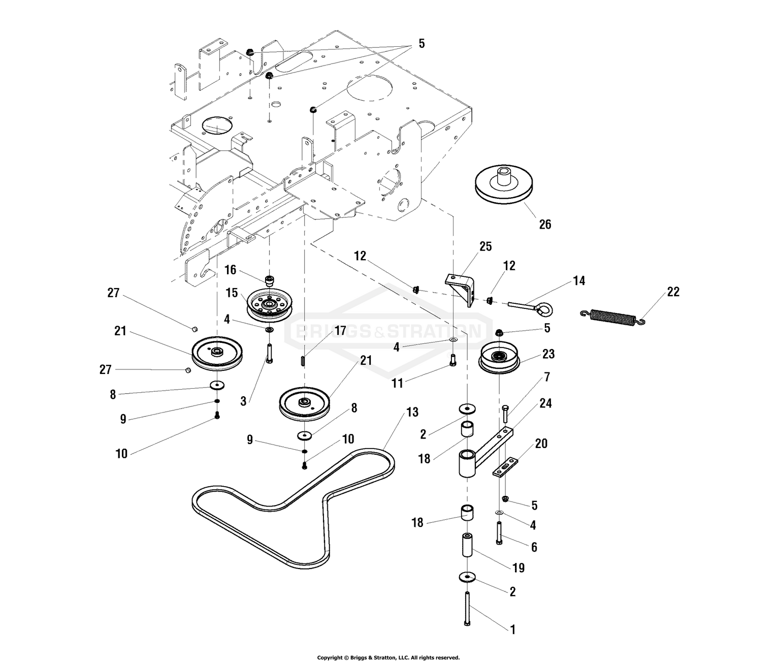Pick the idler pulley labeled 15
tap(267, 306)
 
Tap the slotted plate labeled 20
tap(506, 467)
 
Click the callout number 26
tap(544, 224)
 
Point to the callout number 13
tap(412, 412)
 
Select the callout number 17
tap(340, 331)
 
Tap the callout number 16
tap(231, 269)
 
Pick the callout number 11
tap(397, 383)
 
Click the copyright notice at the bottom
tap(388, 657)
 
